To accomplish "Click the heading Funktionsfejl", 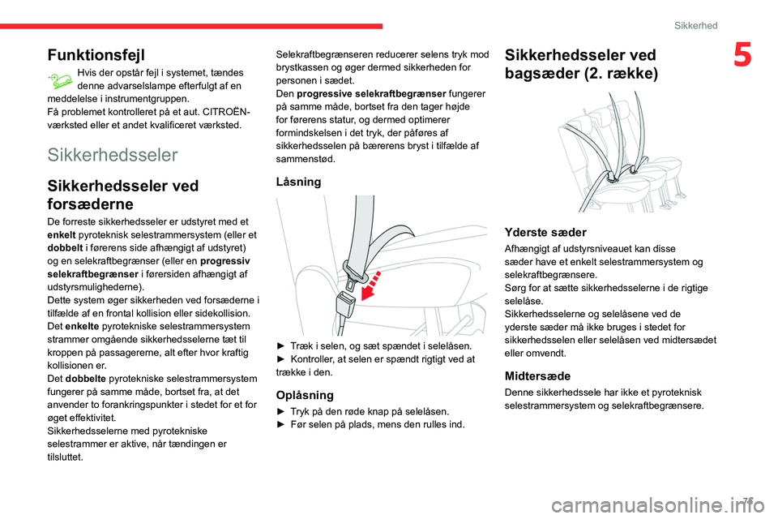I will pos(96,55).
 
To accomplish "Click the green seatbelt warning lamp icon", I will pos(61,79).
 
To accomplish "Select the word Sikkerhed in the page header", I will pos(696,26).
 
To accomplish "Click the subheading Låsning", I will pos(299,182).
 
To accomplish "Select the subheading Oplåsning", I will pos(305,396).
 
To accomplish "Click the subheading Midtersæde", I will pos(537,375).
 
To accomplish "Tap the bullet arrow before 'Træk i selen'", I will pos(281,345).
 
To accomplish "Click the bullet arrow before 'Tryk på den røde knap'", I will pos(281,411).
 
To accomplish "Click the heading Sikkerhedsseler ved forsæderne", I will pos(123,195).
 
